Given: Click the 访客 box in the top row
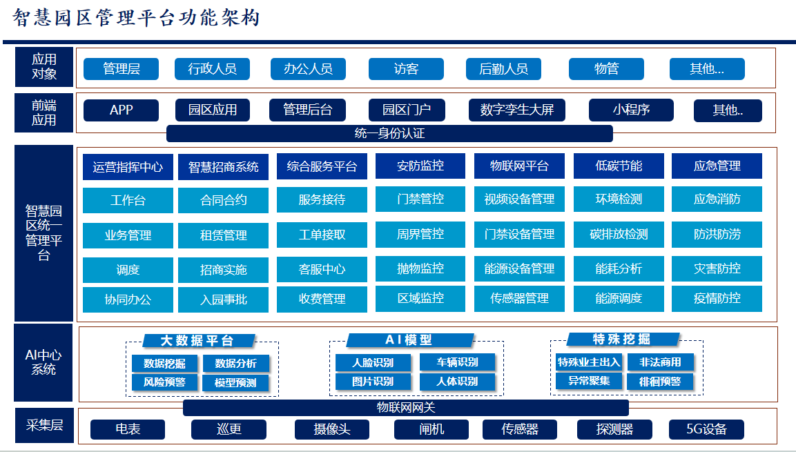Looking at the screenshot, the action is point(406,69).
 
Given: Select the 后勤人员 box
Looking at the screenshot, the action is point(503,69).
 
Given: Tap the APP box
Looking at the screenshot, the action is point(121,110).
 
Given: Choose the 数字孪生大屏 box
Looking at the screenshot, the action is point(517,110).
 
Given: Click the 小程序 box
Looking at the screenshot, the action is point(631,110).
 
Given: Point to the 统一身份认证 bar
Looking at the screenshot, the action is point(389,133).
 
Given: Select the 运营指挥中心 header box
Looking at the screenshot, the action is point(128,167).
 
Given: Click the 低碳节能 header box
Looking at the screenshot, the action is point(619,166).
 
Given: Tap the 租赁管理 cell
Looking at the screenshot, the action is point(224,235).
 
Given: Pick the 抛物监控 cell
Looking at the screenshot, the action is point(420,268).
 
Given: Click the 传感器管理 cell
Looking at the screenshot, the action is point(519,298).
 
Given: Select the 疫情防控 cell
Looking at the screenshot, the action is point(717,298).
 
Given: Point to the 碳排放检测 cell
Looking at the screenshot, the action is point(619,235).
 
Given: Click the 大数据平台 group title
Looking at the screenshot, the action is point(198,340).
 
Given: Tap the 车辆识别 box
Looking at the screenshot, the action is point(458,362).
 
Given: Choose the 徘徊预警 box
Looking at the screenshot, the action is point(660,382).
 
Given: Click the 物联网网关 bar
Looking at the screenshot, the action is point(406,408).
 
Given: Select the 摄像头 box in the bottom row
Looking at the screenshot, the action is point(332,429).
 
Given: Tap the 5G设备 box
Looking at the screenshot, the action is point(707,429).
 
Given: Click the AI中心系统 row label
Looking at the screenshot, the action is point(43,362).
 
